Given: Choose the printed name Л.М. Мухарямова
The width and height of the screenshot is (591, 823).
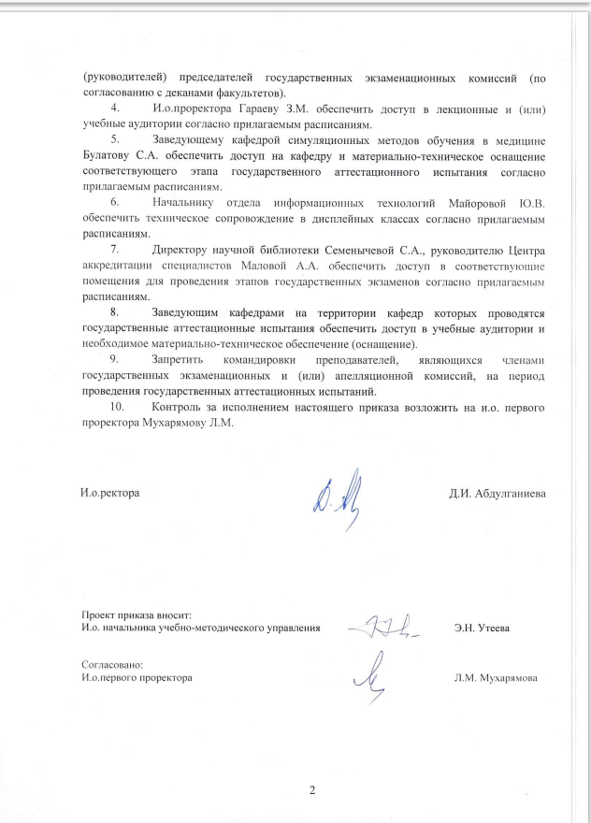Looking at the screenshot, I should point(495,676).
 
